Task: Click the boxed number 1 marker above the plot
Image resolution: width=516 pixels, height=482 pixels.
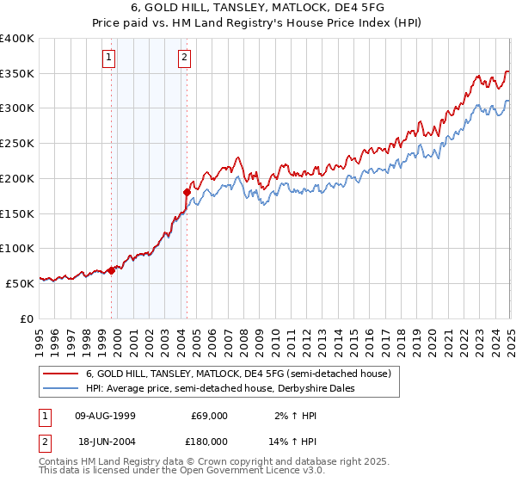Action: tap(110, 59)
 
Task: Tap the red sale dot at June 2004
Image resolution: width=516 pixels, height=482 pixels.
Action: tap(187, 192)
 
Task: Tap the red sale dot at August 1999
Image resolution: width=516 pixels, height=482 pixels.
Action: tap(111, 269)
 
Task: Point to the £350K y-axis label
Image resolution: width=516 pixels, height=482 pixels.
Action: tap(17, 74)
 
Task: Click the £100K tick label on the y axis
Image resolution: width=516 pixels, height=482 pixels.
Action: tap(17, 248)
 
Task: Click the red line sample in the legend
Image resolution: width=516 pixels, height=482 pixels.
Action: tap(61, 374)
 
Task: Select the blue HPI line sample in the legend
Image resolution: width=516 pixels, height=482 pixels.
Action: tap(61, 388)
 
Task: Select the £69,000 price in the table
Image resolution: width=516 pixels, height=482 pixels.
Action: tap(209, 416)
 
